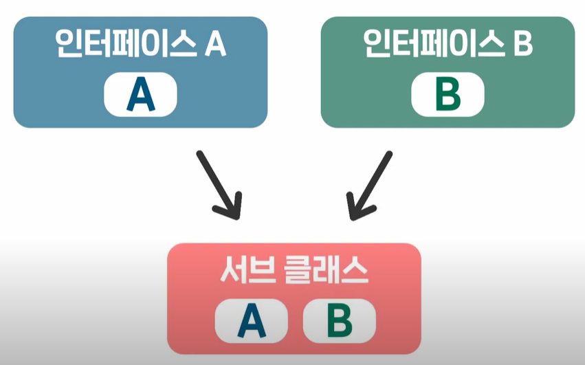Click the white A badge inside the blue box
141,95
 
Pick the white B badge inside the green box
448,95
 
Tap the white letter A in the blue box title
216,46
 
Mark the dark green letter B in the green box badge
448,95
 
